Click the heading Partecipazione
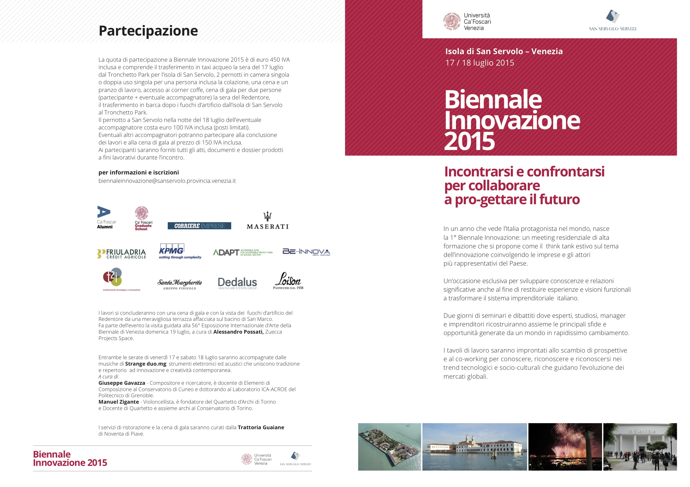(x=148, y=31)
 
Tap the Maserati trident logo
(x=267, y=221)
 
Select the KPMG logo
(x=180, y=251)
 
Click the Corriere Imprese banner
(x=199, y=226)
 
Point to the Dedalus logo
(x=237, y=283)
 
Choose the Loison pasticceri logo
(x=288, y=281)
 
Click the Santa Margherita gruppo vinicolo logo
(x=180, y=284)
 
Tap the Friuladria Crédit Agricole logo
(x=122, y=254)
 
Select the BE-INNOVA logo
(x=306, y=252)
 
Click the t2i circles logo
(x=121, y=279)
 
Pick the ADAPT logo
(x=243, y=252)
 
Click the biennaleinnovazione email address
(x=167, y=181)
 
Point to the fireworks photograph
(x=565, y=446)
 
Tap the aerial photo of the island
(x=390, y=446)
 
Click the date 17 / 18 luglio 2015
(x=480, y=63)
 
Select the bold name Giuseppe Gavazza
(x=122, y=383)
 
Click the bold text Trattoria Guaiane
(x=261, y=427)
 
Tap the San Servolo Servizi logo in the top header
(x=612, y=20)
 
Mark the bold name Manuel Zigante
(x=119, y=402)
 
